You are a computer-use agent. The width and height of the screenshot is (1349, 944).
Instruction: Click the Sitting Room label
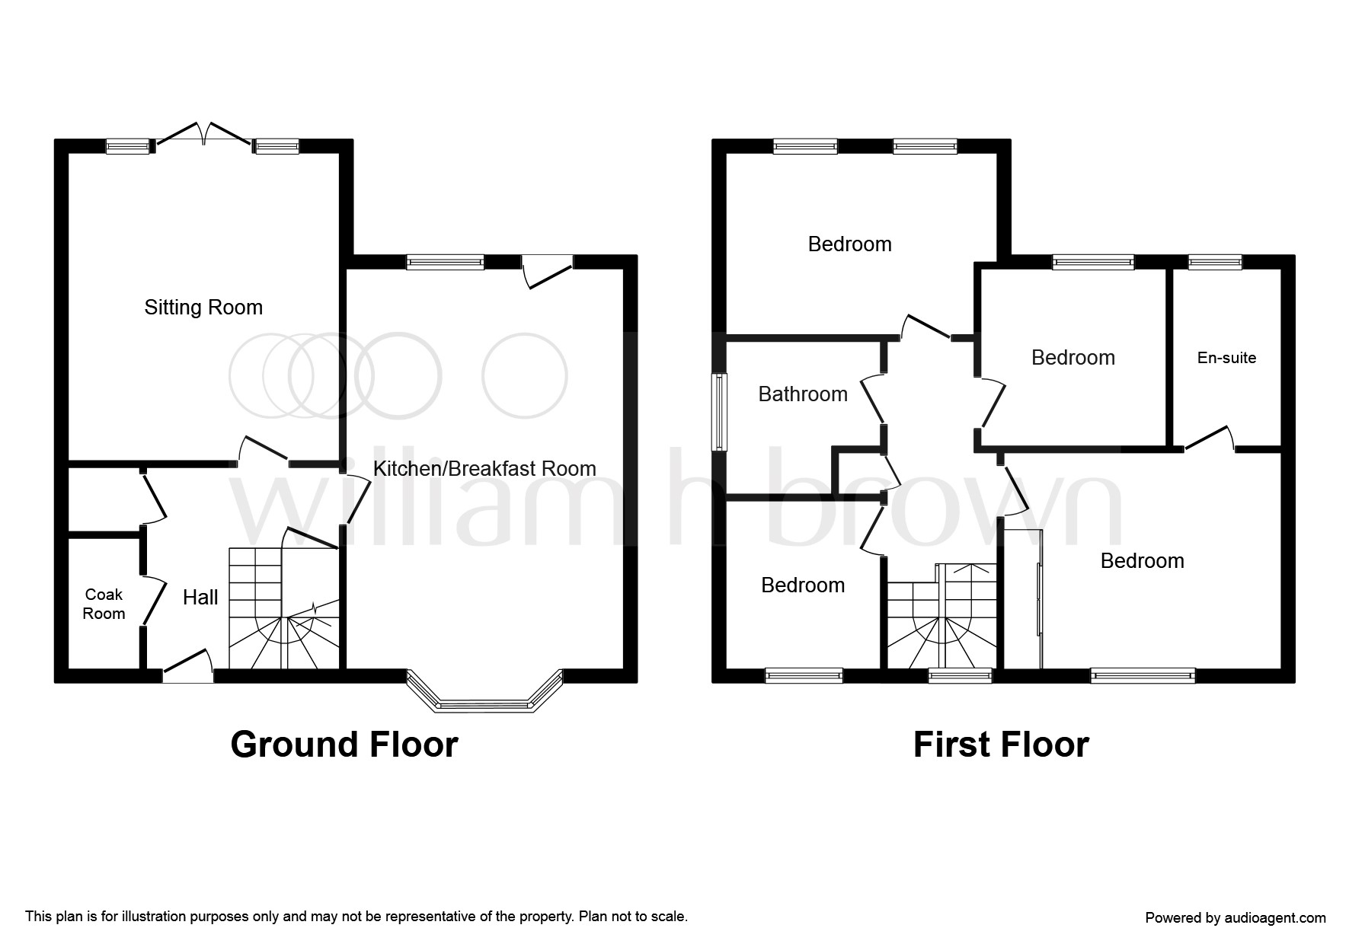[x=203, y=308]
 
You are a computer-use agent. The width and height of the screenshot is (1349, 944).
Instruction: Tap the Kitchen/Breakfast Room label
[x=484, y=468]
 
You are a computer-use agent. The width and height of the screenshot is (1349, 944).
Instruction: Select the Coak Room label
[x=104, y=604]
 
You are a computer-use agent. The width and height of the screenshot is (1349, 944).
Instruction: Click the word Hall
[x=200, y=598]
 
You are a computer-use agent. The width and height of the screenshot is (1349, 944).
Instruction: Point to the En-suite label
[x=1226, y=358]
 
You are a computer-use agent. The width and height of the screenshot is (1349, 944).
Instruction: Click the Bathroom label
[x=803, y=394]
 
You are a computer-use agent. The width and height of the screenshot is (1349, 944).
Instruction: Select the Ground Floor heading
[x=344, y=745]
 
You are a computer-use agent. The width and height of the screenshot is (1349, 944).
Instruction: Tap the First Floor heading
[x=1001, y=745]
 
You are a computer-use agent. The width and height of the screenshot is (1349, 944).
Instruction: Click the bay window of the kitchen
[x=484, y=700]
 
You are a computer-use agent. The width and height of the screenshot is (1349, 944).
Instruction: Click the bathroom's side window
[x=719, y=412]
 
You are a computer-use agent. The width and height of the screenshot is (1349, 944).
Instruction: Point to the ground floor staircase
[x=283, y=609]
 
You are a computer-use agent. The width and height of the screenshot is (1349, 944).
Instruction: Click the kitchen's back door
[x=548, y=270]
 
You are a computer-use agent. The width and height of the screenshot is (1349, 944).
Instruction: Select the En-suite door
[x=1208, y=439]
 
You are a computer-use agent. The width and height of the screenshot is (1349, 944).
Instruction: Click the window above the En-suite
[x=1215, y=262]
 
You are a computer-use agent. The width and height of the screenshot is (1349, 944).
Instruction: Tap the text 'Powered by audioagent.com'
[x=1235, y=918]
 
